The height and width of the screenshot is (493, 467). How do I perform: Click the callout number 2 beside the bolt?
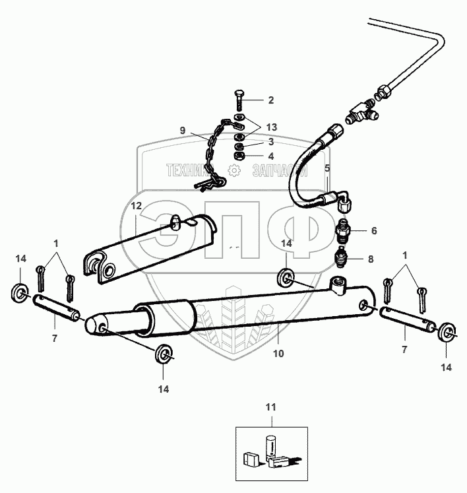[x=270, y=100]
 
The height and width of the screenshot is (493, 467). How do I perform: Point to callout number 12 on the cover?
[x=136, y=206]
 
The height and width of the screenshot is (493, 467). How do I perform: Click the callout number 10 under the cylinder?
[x=278, y=354]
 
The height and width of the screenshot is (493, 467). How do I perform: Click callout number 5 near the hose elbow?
[x=327, y=168]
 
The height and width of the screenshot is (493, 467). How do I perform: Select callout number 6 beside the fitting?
[x=373, y=231]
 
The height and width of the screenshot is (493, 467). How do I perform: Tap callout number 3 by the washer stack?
[x=270, y=142]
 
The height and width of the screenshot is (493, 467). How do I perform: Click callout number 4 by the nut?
[x=270, y=156]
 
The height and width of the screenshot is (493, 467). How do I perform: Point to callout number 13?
[x=272, y=127]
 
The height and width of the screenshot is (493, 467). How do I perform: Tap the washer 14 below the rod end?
[x=162, y=354]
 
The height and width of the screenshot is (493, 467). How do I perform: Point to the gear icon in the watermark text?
[x=232, y=171]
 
